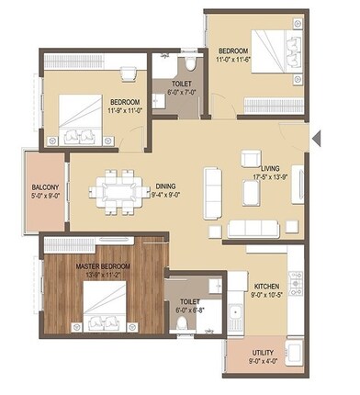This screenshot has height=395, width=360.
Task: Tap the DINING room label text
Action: (166, 184)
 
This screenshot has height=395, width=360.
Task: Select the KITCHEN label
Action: (265, 287)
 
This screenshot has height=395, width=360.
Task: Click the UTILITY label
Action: (266, 353)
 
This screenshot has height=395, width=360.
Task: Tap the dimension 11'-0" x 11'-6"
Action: (235, 57)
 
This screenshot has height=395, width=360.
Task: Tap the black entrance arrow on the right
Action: (317, 140)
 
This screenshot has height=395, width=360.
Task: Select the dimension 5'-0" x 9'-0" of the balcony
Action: (44, 194)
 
